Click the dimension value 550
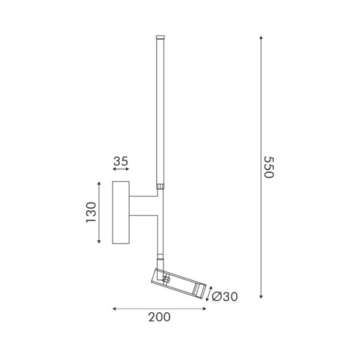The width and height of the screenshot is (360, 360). coord(267,170)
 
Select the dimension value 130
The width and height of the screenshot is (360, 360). coord(91,213)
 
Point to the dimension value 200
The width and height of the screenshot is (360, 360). coord(159,317)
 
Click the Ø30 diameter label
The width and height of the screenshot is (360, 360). coord(225,297)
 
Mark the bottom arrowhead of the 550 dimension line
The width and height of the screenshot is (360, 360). coord(261,296)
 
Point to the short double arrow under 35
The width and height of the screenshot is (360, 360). coord(120,171)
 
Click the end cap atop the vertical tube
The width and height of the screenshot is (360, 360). coord(160,39)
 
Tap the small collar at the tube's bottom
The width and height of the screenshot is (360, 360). coord(159,187)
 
